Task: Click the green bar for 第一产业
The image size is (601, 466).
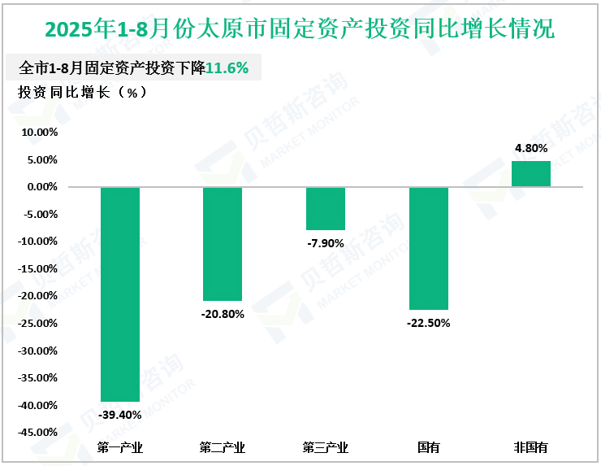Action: (x=120, y=294)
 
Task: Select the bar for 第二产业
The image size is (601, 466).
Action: (x=223, y=244)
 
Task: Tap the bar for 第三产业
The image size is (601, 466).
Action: (x=325, y=209)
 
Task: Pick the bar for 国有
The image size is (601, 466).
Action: (x=428, y=248)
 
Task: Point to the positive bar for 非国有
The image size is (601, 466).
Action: (x=531, y=174)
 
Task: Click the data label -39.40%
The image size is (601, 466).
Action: (x=120, y=415)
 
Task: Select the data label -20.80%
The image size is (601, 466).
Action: (x=223, y=314)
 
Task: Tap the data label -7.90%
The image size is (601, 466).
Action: (x=325, y=243)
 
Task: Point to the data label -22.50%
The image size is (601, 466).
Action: (x=428, y=323)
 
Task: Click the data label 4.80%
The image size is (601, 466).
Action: (x=531, y=149)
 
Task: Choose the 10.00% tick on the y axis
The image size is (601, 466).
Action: (x=38, y=132)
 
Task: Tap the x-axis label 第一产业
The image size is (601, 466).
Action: (x=120, y=447)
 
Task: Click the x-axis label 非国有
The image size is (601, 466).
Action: (x=531, y=447)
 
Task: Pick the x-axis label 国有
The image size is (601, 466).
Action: (x=428, y=447)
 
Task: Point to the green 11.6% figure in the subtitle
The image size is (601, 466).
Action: (x=227, y=68)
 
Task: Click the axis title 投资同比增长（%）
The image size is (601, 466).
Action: (x=82, y=92)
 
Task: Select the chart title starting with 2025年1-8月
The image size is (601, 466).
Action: (x=300, y=29)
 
